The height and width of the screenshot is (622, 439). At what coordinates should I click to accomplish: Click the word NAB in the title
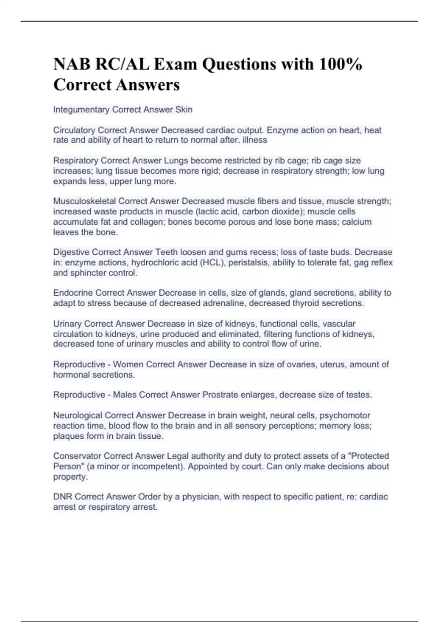(x=72, y=64)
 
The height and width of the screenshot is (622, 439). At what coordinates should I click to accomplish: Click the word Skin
(x=184, y=109)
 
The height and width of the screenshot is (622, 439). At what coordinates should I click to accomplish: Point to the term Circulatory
(x=74, y=130)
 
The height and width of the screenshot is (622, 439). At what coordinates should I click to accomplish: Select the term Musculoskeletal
(x=85, y=201)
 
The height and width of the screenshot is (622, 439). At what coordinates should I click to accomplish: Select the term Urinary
(x=67, y=324)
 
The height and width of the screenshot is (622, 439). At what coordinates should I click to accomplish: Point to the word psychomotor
(x=345, y=416)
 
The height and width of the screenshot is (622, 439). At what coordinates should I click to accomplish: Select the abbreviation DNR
(x=63, y=497)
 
